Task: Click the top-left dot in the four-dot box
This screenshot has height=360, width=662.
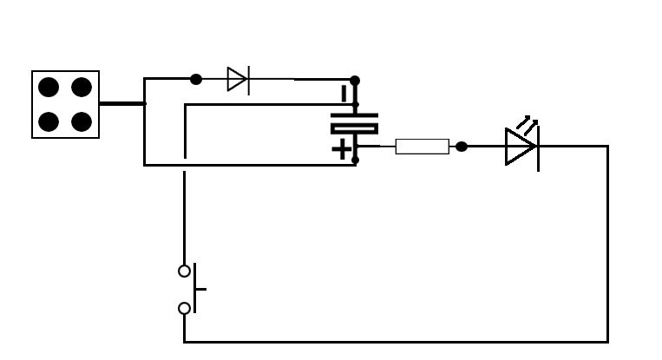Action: click(49, 87)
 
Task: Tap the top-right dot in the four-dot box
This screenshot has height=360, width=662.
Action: click(82, 87)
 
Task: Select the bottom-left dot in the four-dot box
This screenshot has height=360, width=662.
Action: click(49, 121)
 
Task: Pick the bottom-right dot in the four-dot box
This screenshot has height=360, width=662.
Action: click(82, 121)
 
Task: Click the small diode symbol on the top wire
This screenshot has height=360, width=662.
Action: click(237, 79)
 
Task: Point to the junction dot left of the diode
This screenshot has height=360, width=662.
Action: click(196, 79)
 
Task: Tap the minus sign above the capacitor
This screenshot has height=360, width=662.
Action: click(344, 94)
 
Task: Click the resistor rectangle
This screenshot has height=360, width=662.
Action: click(422, 147)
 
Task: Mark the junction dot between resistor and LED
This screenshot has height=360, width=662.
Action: click(462, 147)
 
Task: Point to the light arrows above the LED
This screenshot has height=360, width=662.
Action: click(527, 124)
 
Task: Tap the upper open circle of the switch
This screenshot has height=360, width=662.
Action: click(184, 271)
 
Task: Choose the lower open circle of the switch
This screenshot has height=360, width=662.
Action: click(184, 308)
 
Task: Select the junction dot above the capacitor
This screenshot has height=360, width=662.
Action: click(355, 81)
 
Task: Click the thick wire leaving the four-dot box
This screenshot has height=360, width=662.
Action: click(121, 103)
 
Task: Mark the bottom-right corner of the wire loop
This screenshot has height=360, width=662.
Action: click(606, 341)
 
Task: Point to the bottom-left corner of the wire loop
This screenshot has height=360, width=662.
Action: click(185, 341)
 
